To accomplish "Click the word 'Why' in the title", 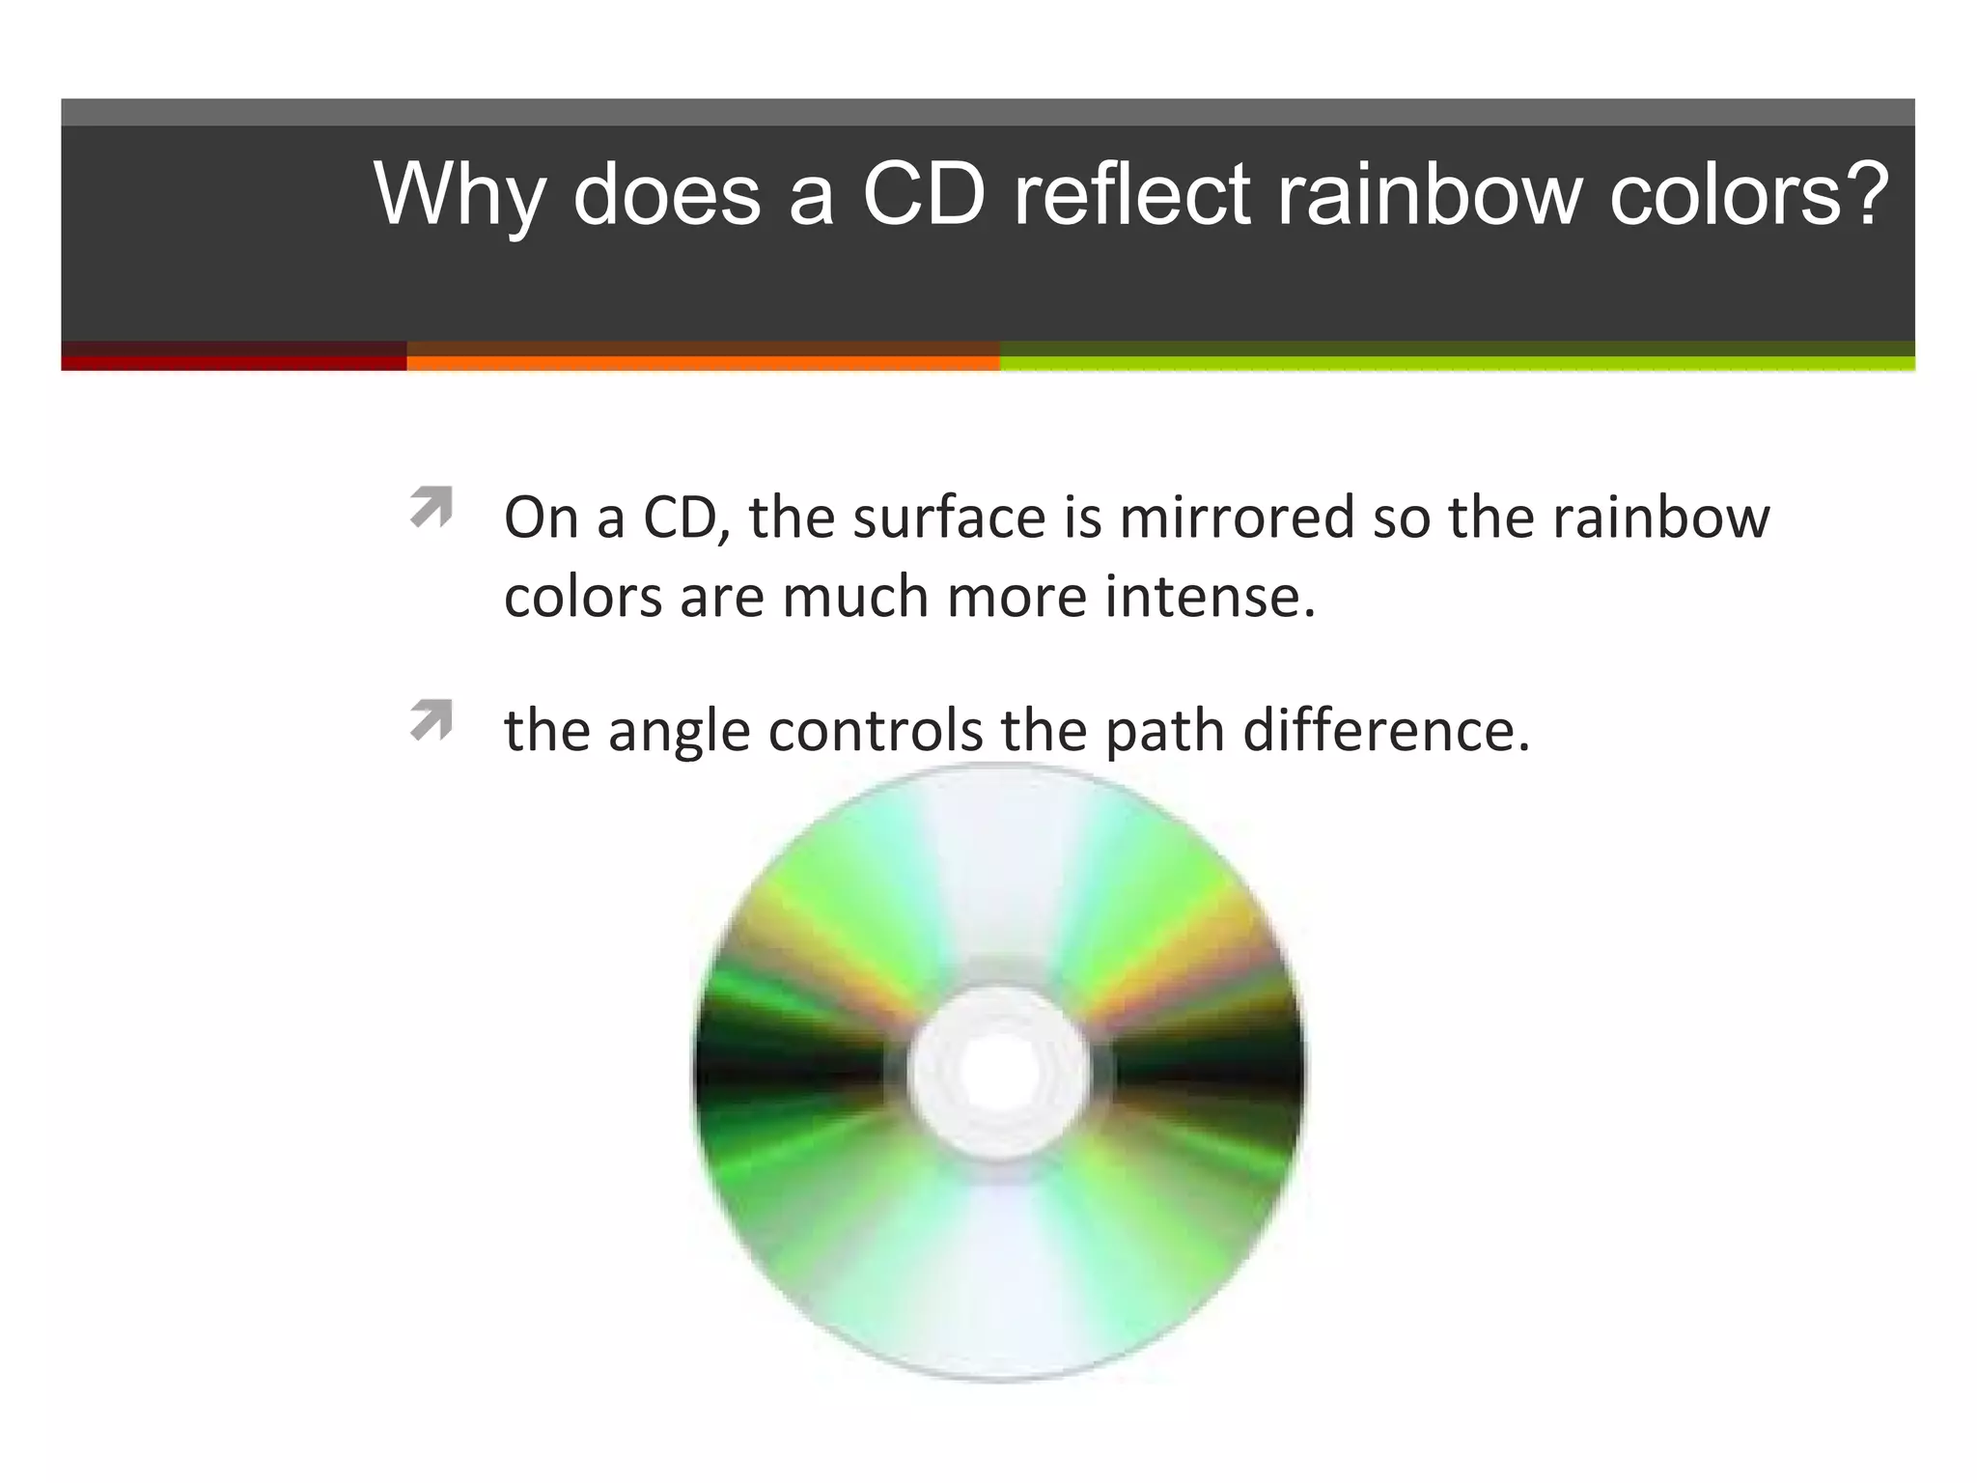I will pos(459,195).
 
